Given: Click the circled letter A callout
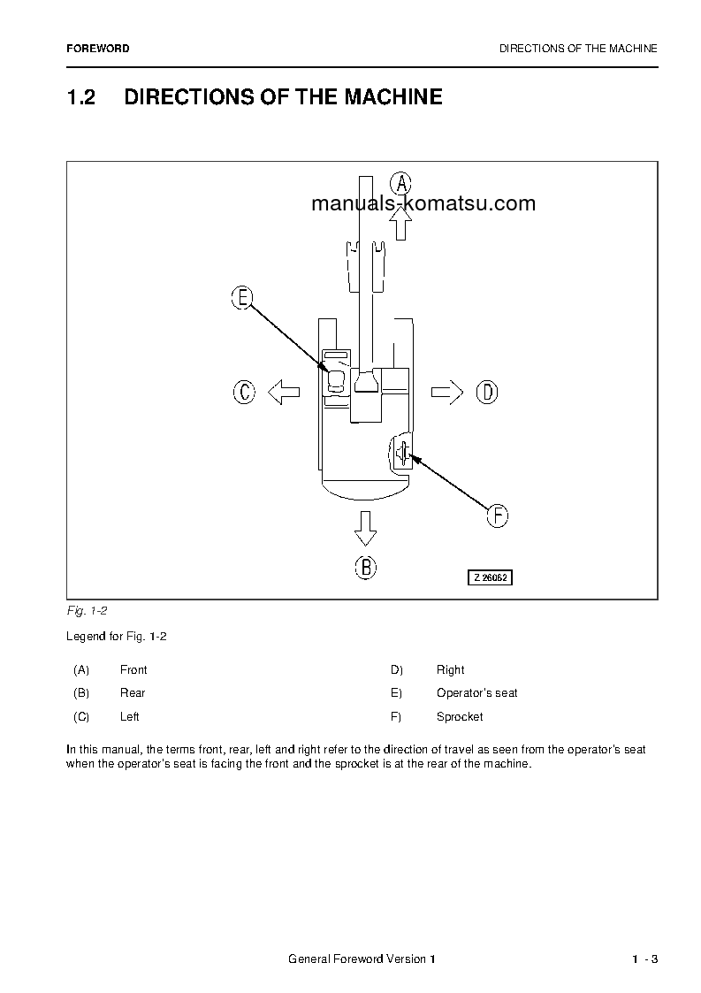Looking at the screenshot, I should click(401, 184).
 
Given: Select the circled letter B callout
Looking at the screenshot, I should click(365, 568).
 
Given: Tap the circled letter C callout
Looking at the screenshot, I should click(244, 392).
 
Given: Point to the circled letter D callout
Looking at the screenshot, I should click(487, 392).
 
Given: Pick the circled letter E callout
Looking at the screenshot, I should click(241, 298).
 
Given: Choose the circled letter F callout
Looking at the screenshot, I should click(498, 516).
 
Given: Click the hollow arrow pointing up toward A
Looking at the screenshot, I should click(401, 225).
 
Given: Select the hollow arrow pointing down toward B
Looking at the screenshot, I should click(365, 528).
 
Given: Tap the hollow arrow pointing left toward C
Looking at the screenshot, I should click(283, 392).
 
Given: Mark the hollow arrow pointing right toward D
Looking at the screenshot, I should click(447, 392).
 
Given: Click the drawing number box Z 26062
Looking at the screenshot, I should click(490, 577).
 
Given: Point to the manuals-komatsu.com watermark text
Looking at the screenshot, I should click(423, 203).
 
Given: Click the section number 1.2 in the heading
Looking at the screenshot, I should click(80, 97).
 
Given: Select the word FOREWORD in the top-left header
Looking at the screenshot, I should click(97, 49).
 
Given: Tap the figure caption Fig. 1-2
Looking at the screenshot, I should click(87, 611).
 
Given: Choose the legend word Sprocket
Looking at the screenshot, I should click(460, 716).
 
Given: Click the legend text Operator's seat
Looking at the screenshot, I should click(476, 692).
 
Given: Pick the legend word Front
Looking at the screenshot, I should click(133, 669).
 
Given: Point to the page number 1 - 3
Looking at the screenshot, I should click(645, 960).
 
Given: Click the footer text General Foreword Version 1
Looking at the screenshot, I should click(362, 960).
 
